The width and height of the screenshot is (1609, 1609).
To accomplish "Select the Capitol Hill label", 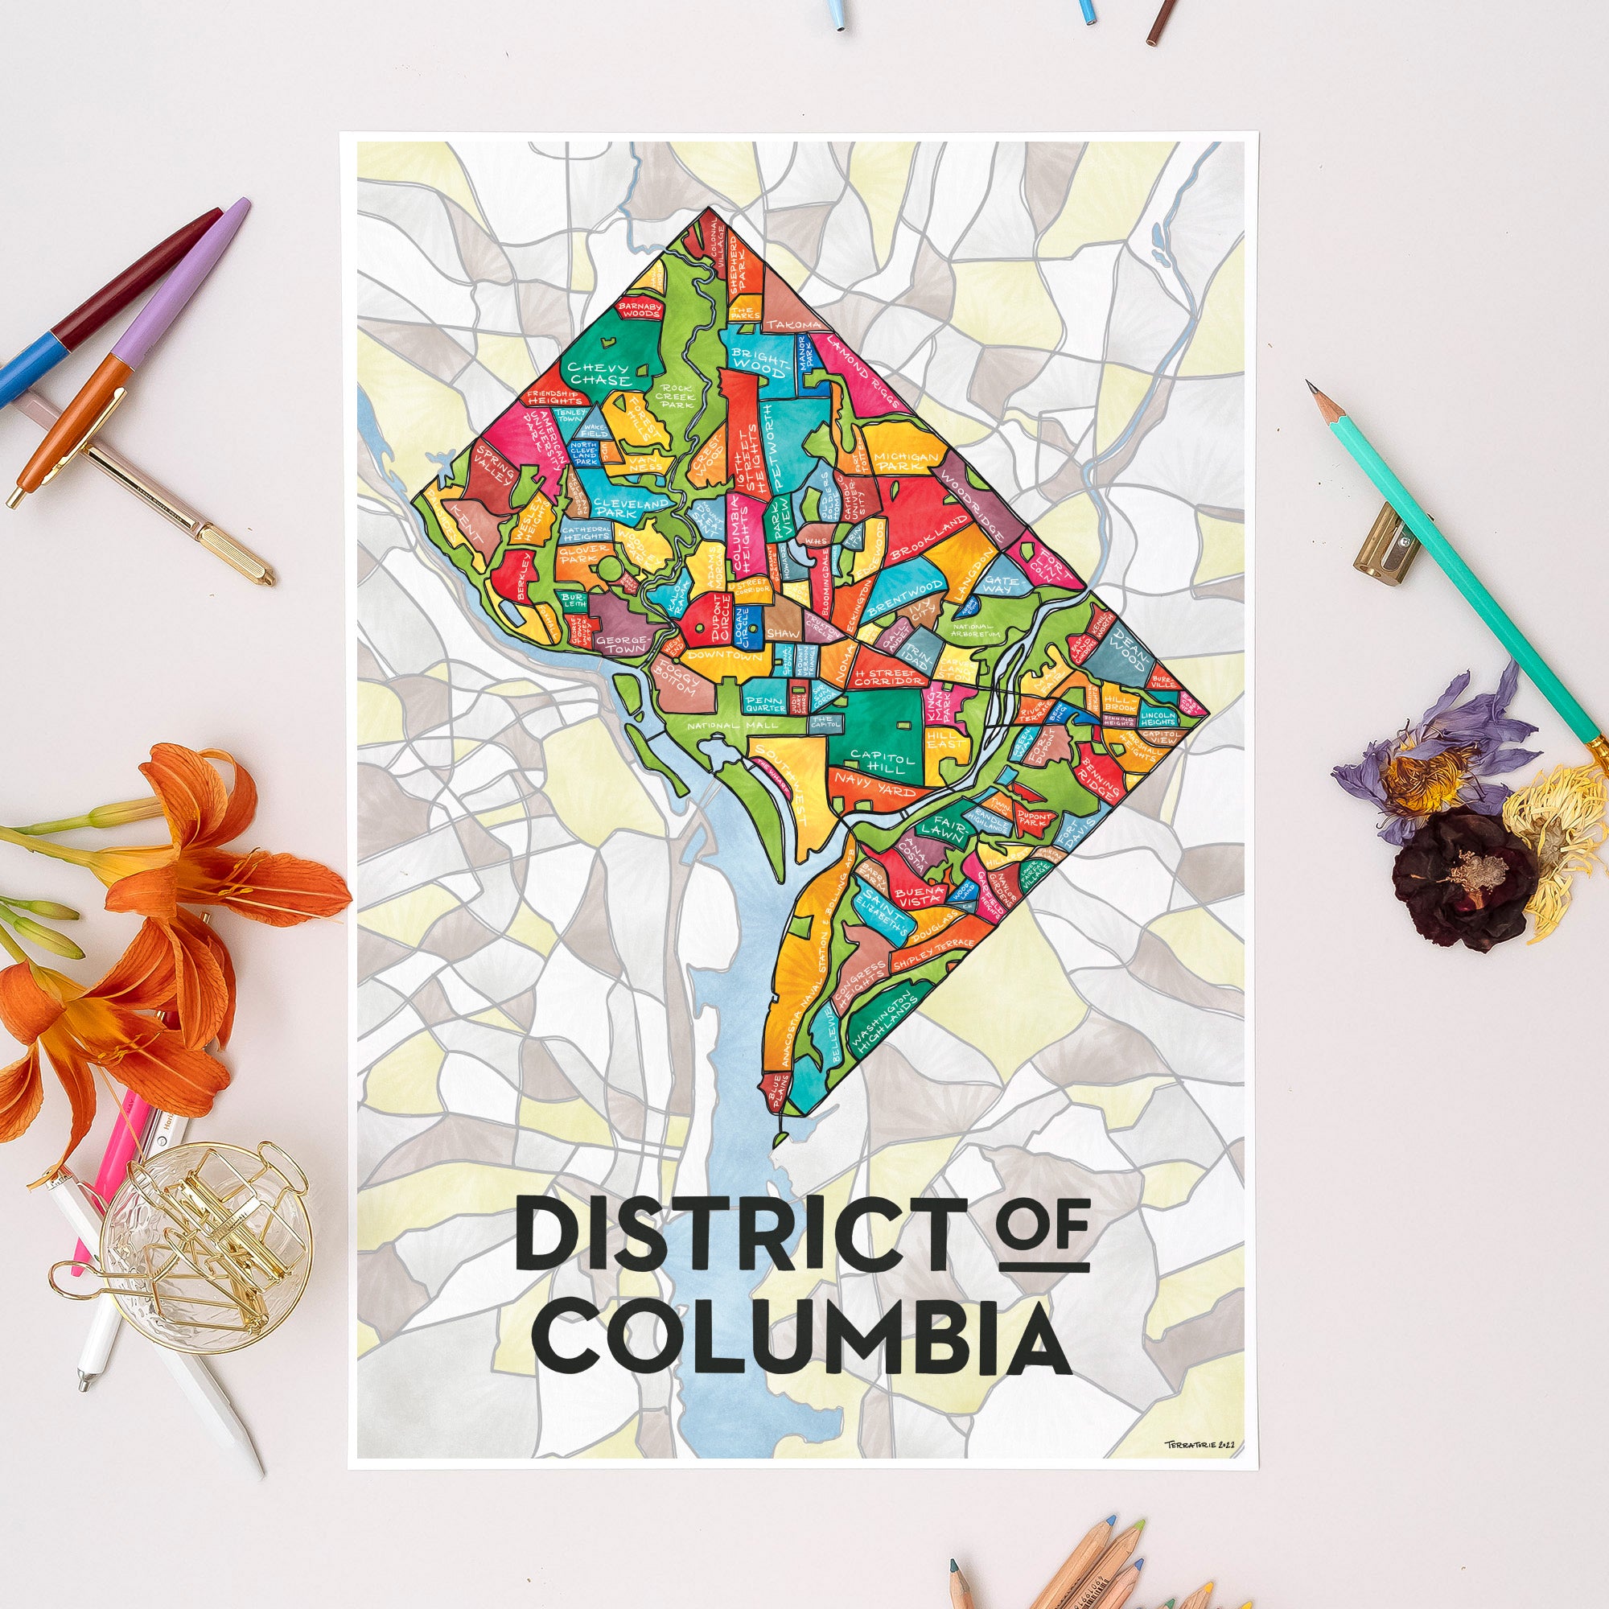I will [x=882, y=760].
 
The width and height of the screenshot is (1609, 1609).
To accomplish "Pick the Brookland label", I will [x=930, y=537].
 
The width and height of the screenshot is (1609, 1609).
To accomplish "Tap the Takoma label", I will [x=793, y=324].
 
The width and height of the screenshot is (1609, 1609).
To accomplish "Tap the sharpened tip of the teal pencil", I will [x=1311, y=386].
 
